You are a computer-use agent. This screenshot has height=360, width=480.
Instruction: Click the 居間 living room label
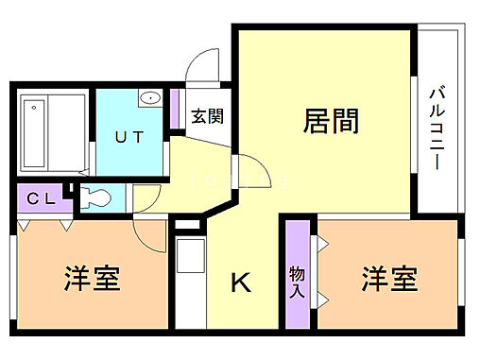[x=331, y=121]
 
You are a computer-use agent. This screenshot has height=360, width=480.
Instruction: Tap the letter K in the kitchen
[x=241, y=282]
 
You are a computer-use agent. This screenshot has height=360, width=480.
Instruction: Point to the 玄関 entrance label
[x=208, y=118]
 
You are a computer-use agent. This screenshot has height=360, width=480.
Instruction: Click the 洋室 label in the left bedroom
[x=93, y=280]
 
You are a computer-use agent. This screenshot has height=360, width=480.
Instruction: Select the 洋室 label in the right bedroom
[x=389, y=280]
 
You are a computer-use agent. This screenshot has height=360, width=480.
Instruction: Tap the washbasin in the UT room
[x=150, y=99]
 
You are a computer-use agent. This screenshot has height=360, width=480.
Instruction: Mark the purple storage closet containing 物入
[x=297, y=274]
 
